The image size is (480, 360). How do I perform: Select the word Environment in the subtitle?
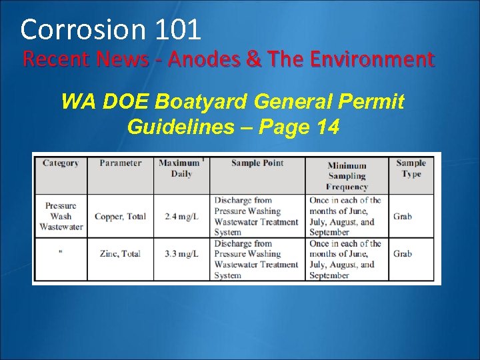coord(369,60)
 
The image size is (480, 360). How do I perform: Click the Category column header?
coord(60,163)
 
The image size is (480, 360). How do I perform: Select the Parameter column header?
coord(120,163)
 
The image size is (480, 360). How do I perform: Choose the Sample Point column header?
coord(257,163)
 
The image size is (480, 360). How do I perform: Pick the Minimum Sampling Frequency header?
coord(347,176)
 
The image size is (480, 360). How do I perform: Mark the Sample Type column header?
coord(411,168)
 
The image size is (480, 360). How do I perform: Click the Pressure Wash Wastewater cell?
coord(61,216)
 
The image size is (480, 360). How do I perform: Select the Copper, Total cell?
coord(120,217)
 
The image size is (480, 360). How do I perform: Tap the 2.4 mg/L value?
coord(181,217)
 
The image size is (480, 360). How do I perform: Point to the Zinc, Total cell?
coord(120,254)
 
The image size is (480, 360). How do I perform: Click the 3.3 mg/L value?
coord(181,254)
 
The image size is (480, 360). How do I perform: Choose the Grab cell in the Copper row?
coord(402,217)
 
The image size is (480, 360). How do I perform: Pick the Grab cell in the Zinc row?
coord(402,254)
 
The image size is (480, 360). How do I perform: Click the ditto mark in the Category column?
coord(61,253)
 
